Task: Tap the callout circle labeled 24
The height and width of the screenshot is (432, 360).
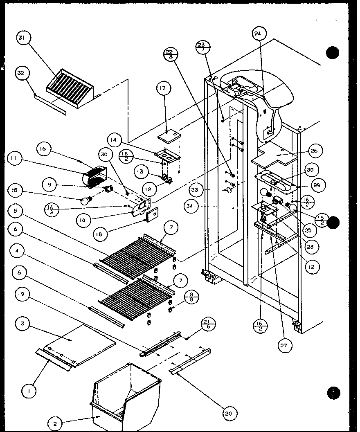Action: pyautogui.click(x=259, y=35)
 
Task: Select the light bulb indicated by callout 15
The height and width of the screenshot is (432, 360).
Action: pyautogui.click(x=86, y=200)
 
